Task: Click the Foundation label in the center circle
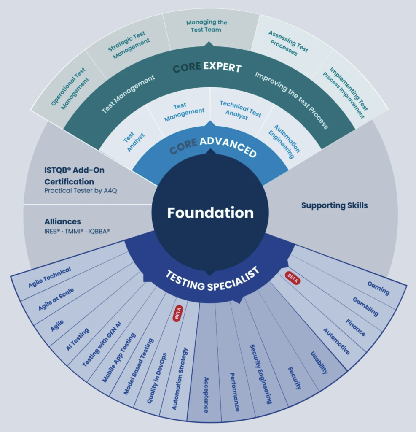point(210,213)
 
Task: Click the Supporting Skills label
point(334,205)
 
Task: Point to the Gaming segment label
point(378,288)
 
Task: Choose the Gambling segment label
point(365,306)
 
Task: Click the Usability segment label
point(319,362)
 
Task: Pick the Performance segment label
point(235,391)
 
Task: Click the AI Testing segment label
point(78,339)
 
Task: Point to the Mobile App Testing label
point(119,357)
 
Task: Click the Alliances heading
point(62,221)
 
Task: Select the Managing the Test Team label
point(207,26)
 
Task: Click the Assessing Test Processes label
point(288,43)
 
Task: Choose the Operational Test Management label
point(68,89)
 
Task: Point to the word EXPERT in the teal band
point(222,67)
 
